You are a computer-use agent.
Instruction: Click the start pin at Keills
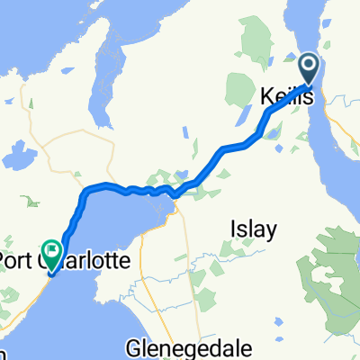309,66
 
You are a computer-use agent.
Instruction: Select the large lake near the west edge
13,158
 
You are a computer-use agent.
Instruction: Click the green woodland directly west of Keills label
241,90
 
